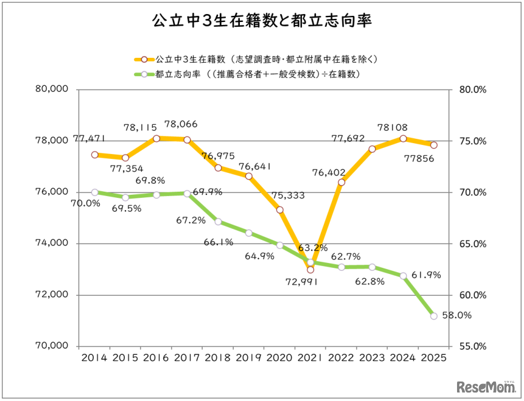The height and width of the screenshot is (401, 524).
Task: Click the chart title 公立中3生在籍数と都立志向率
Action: click(262, 22)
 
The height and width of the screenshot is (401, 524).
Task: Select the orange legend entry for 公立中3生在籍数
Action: click(256, 60)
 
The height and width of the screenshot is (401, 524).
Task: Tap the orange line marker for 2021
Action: click(310, 270)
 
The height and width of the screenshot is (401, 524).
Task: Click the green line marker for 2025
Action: click(434, 316)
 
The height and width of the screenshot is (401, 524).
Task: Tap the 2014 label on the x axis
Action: click(94, 358)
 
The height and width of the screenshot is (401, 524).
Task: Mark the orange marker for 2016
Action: click(156, 139)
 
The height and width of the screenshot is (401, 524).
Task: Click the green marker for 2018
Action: click(218, 221)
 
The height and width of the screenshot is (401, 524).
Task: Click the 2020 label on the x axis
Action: click(279, 358)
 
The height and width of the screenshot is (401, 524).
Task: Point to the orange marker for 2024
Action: click(403, 139)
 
